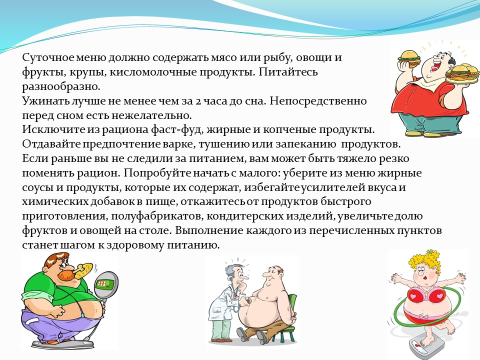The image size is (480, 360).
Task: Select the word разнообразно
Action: pos(61,87)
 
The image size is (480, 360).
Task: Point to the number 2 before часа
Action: pos(198,101)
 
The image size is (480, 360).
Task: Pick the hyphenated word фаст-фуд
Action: pos(177,130)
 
